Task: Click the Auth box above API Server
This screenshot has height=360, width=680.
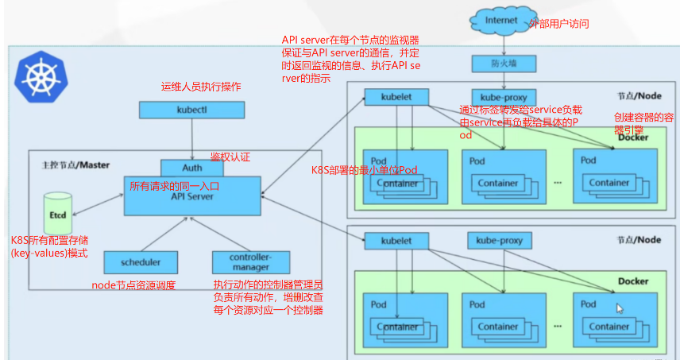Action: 192,168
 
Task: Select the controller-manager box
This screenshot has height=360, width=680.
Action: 250,261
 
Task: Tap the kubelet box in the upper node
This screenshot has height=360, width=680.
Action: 396,98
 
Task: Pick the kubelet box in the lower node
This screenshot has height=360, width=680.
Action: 396,240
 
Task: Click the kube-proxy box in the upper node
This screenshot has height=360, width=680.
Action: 498,98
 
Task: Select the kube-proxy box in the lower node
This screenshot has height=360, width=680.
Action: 498,240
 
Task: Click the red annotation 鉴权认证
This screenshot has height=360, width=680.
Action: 230,157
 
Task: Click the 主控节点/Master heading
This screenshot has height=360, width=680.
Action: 75,165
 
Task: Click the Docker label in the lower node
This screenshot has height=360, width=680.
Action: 633,281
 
